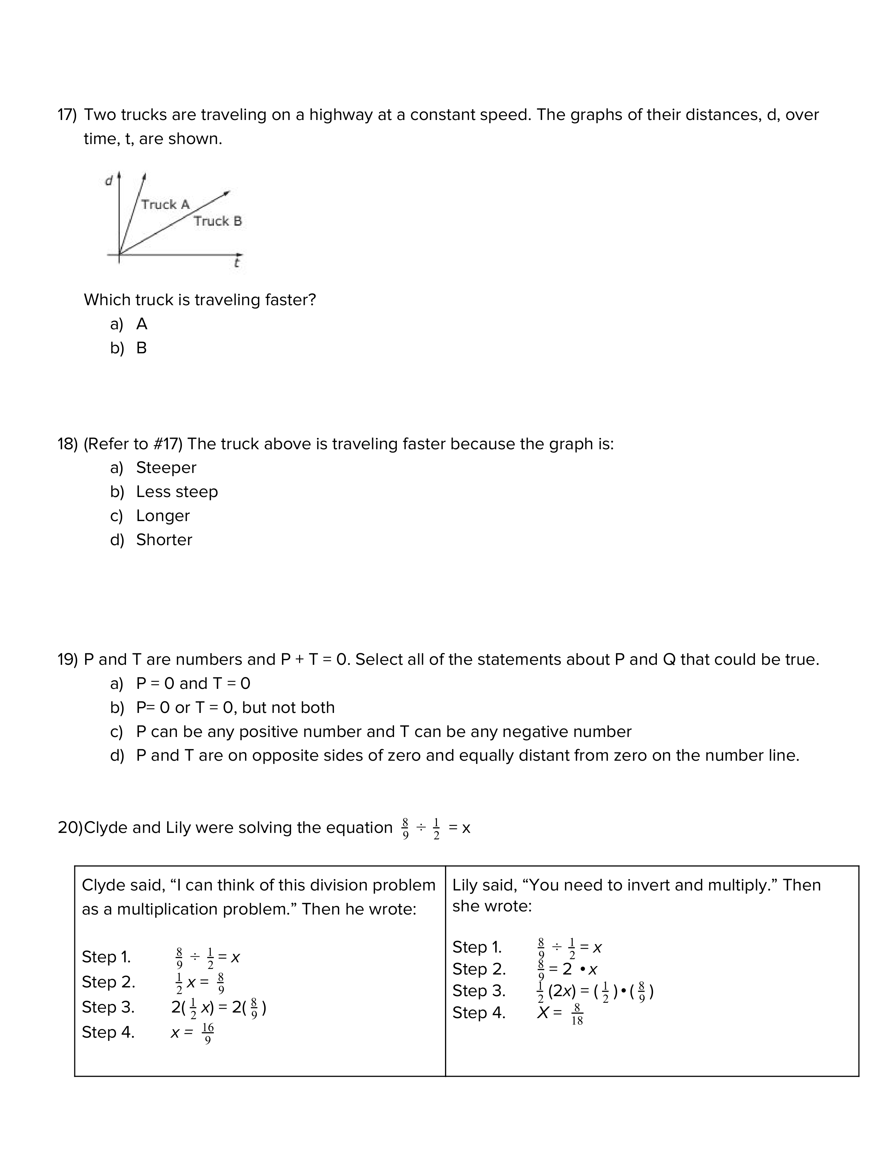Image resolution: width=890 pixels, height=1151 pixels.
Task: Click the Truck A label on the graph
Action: point(165,204)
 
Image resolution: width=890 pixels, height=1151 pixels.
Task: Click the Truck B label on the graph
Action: point(217,221)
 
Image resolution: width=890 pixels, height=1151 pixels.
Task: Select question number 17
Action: point(67,115)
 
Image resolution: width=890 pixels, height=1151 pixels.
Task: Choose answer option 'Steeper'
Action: point(166,467)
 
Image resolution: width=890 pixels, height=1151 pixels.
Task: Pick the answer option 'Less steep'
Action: point(177,492)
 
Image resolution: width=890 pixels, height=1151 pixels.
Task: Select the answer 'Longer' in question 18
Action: point(162,516)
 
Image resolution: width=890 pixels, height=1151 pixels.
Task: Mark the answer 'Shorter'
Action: point(164,540)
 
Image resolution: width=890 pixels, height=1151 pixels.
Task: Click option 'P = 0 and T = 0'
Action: point(193,684)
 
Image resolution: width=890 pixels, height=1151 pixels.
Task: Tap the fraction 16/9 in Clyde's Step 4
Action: point(208,1033)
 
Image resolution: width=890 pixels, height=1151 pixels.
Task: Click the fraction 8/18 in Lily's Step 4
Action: point(577,1015)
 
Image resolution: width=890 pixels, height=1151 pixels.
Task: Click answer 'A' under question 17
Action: point(142,324)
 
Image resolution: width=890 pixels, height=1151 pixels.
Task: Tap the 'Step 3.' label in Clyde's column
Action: point(108,1007)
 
